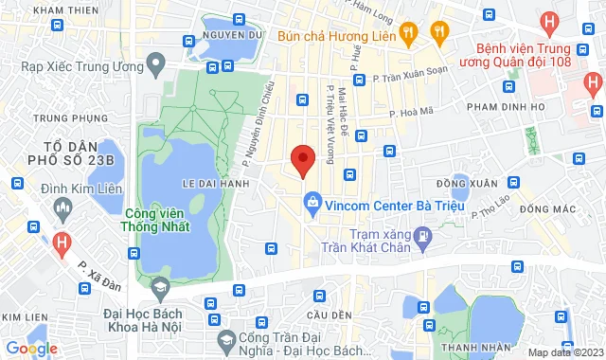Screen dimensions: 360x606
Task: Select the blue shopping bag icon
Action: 312,200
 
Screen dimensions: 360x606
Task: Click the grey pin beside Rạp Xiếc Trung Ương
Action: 157,65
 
